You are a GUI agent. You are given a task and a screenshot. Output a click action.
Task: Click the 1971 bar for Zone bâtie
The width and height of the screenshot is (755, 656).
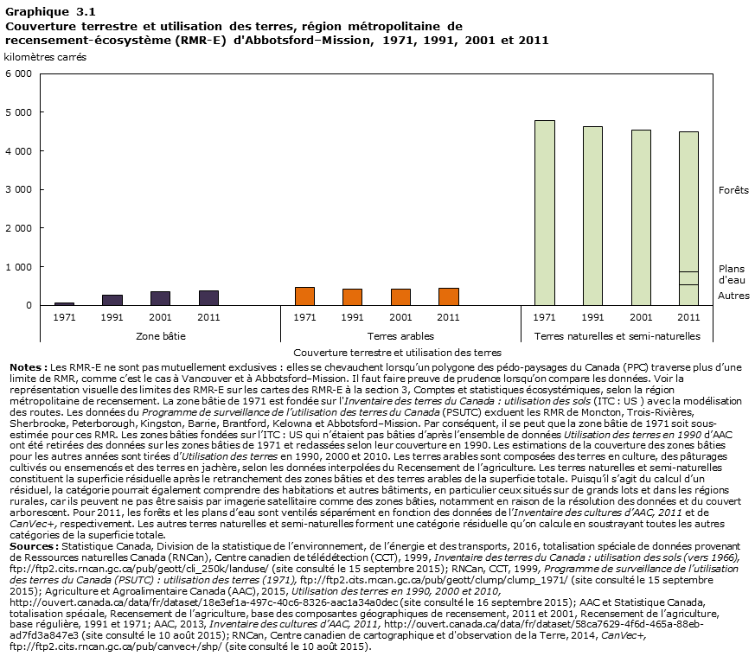64,303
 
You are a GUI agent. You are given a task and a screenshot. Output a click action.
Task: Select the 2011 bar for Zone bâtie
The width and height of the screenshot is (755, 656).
208,298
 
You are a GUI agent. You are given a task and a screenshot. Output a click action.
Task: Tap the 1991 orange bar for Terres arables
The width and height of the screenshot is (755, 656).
352,297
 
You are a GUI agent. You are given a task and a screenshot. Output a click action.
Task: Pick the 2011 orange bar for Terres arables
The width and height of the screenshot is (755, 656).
448,296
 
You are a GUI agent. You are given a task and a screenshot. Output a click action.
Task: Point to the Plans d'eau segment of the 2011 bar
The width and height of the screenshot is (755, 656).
688,278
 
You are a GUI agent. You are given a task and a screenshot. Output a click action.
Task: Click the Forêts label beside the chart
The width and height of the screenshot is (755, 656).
733,190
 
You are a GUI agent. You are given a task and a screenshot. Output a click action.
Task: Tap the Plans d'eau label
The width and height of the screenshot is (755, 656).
731,274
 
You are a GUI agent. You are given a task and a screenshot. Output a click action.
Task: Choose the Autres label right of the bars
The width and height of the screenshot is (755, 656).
733,296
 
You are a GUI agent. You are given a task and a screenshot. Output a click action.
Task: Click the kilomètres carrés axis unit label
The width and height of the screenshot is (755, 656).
45,57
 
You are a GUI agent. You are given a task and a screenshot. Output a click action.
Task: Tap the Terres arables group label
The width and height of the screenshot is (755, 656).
400,335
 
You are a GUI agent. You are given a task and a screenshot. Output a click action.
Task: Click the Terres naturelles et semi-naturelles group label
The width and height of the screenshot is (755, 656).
617,335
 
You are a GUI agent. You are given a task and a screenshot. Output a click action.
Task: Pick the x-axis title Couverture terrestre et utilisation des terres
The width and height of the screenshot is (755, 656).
397,353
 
